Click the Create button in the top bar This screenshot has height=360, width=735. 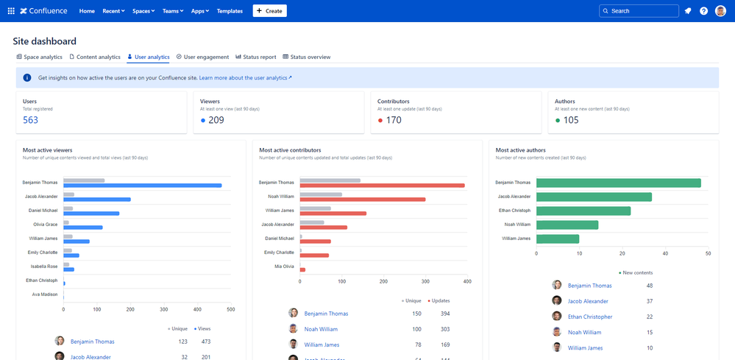click(x=269, y=11)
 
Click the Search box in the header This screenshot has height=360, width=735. click(x=639, y=11)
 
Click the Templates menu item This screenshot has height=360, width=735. click(x=230, y=11)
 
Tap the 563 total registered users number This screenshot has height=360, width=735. click(x=30, y=120)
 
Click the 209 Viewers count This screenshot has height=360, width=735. click(x=216, y=120)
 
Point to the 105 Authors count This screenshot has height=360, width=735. click(x=570, y=120)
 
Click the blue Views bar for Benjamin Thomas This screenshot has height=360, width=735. click(x=143, y=186)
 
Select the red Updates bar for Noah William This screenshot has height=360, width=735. click(x=363, y=200)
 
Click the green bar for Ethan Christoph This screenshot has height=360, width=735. click(x=583, y=211)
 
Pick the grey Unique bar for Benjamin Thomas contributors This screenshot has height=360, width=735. click(x=330, y=180)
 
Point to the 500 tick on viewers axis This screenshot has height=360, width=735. click(x=230, y=309)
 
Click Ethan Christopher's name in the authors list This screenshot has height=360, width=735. click(x=590, y=317)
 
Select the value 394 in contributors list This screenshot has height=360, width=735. click(x=444, y=314)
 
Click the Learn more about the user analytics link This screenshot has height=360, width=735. click(x=245, y=77)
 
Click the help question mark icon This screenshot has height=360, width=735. click(x=703, y=11)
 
